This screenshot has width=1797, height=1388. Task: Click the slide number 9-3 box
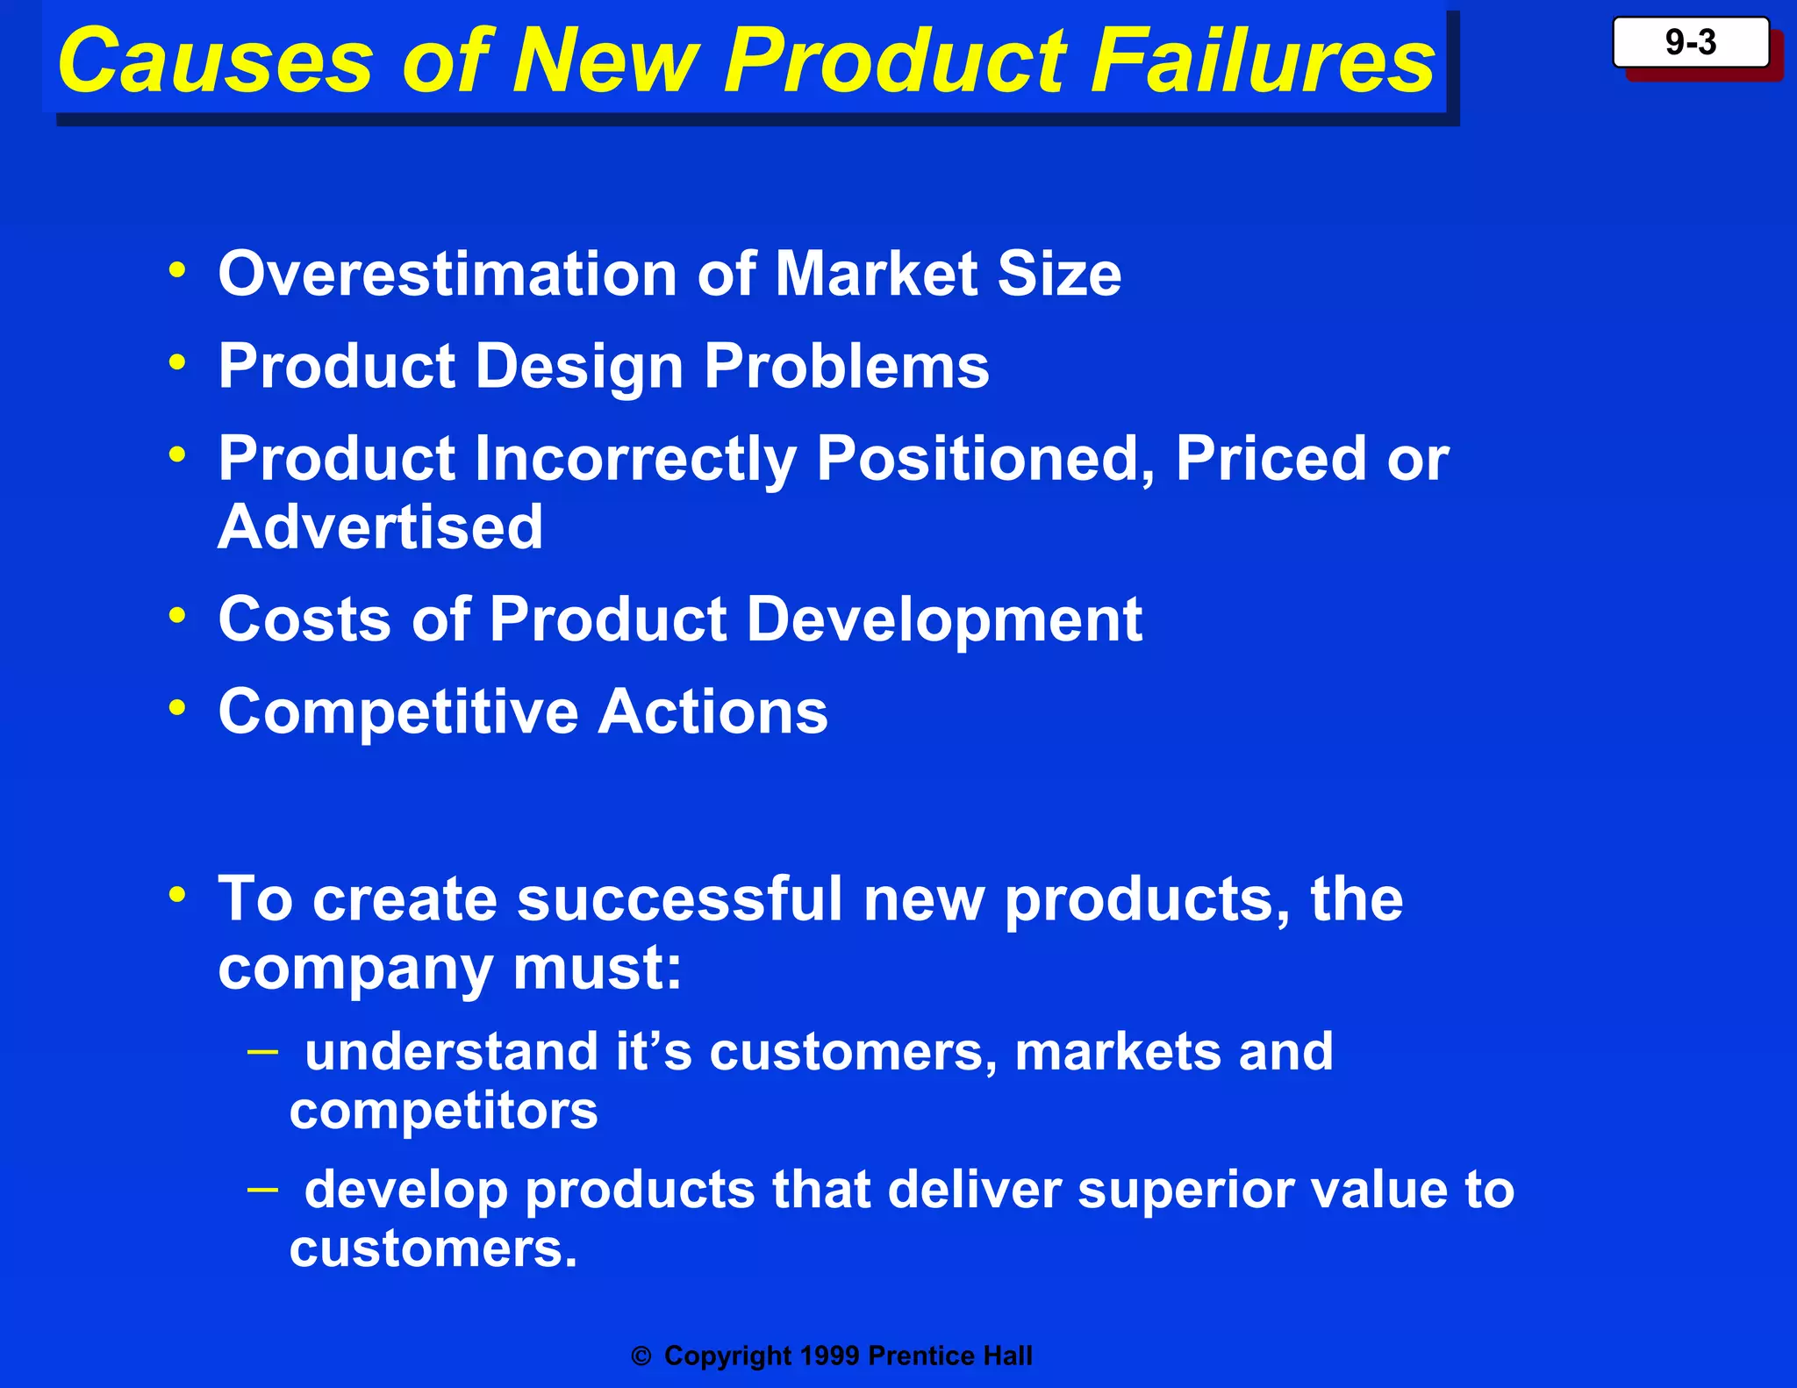coord(1690,42)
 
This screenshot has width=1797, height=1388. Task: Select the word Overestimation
coord(447,274)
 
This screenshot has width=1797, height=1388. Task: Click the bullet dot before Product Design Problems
coord(178,361)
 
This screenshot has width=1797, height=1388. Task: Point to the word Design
coord(578,367)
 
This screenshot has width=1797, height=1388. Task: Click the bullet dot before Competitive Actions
coord(178,706)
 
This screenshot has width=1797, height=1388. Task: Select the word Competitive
coord(397,712)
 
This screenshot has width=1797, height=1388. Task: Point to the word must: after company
coord(597,969)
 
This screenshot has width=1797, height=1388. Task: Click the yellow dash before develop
coord(262,1189)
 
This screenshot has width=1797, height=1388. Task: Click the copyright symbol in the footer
coord(641,1356)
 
